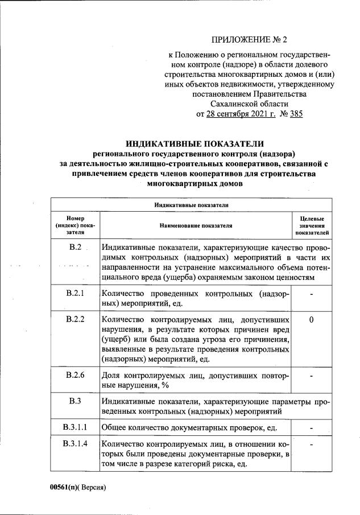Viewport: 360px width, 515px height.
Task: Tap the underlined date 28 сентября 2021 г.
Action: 241,114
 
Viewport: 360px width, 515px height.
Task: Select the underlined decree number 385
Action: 296,114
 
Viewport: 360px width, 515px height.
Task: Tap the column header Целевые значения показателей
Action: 312,225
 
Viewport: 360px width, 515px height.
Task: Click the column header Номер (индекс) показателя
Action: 75,225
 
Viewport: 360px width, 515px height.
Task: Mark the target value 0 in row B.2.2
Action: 312,320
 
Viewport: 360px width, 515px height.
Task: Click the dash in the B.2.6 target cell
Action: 312,376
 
